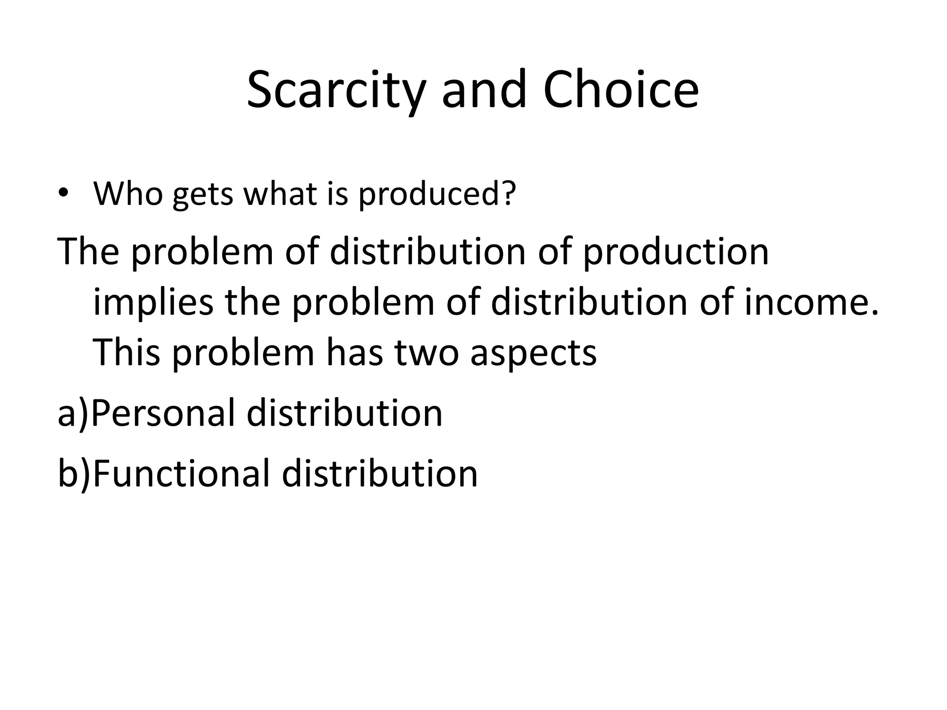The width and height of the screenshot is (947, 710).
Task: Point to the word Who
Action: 128,193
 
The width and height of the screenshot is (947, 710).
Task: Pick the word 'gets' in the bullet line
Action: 203,195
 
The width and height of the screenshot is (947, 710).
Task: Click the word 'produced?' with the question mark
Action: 437,194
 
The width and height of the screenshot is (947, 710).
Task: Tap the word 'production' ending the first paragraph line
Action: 675,252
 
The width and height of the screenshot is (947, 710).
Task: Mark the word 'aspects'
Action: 533,354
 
